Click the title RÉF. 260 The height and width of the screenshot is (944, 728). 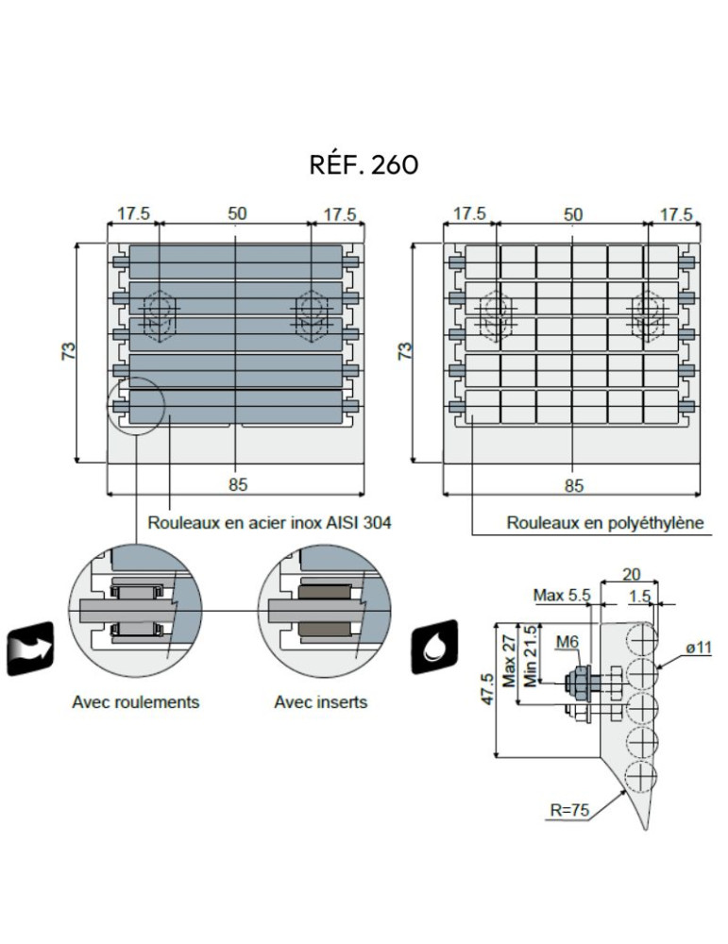click(x=364, y=164)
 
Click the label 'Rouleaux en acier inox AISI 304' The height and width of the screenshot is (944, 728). click(x=269, y=522)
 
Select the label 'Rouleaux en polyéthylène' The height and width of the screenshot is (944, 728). click(x=605, y=522)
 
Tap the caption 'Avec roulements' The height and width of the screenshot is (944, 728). click(x=136, y=702)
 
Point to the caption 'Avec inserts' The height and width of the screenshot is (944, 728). click(x=321, y=702)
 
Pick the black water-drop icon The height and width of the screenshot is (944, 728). click(x=434, y=648)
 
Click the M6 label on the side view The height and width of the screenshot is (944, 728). click(x=567, y=643)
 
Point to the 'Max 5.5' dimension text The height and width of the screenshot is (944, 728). click(x=562, y=596)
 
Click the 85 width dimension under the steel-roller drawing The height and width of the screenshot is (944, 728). click(x=237, y=485)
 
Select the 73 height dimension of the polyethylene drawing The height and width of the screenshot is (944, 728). click(x=405, y=351)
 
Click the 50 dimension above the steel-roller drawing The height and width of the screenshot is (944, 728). click(x=237, y=213)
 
